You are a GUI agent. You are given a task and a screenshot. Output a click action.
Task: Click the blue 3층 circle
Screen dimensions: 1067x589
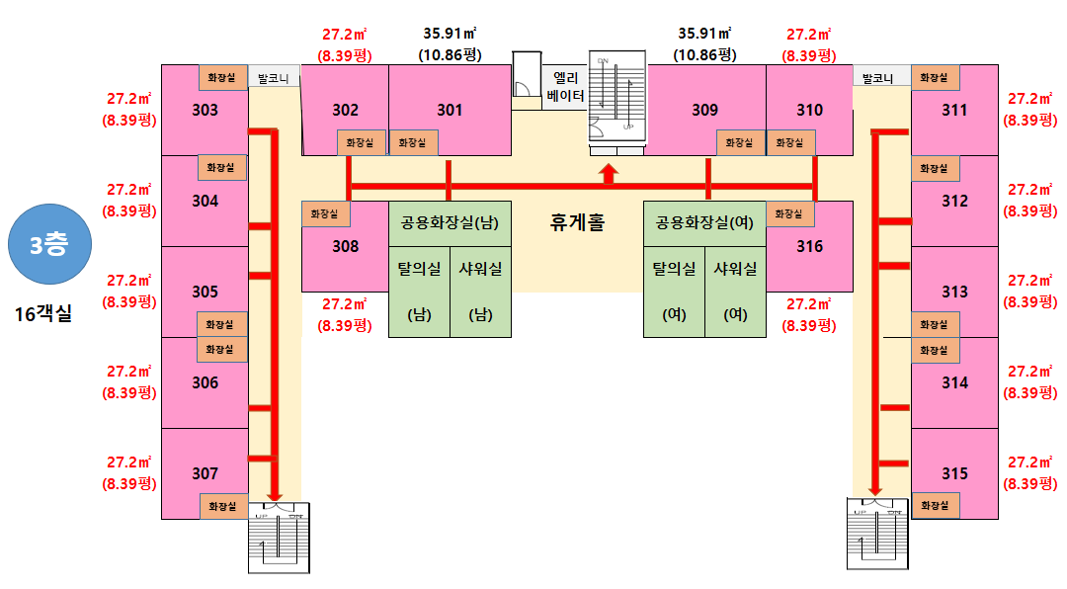[49, 244]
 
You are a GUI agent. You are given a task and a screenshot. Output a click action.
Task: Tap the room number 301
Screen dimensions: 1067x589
[450, 110]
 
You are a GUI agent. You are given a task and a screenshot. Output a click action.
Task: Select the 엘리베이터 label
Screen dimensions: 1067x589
[565, 87]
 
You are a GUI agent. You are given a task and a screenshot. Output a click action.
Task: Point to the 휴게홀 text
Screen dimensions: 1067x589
[577, 222]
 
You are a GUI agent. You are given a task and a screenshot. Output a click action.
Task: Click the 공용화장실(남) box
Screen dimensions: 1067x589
[450, 223]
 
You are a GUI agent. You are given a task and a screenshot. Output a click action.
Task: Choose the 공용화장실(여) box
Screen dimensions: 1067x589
[704, 223]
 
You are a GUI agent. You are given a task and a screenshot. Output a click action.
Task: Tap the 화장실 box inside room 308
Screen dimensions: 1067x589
[325, 213]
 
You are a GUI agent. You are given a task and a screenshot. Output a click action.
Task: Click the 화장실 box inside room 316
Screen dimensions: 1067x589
[789, 213]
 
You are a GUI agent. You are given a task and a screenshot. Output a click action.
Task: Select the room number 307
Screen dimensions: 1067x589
[205, 473]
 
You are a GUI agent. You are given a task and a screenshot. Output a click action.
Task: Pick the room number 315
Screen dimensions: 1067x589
[954, 473]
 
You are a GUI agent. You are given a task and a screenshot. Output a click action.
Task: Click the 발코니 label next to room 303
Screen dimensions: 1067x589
[274, 78]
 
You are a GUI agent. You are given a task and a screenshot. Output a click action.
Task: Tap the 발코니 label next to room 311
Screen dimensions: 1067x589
[878, 78]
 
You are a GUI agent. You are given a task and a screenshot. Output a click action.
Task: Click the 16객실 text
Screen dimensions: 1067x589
[43, 314]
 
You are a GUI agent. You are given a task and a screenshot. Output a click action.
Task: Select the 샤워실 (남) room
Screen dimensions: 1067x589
[480, 292]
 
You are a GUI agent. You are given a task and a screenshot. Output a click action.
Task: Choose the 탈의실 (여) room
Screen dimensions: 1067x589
[675, 292]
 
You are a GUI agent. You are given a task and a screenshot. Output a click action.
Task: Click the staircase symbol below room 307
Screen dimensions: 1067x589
[279, 538]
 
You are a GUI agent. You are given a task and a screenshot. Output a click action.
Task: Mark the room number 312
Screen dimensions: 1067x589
[954, 201]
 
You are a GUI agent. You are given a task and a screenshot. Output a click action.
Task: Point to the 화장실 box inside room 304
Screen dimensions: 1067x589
[220, 167]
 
